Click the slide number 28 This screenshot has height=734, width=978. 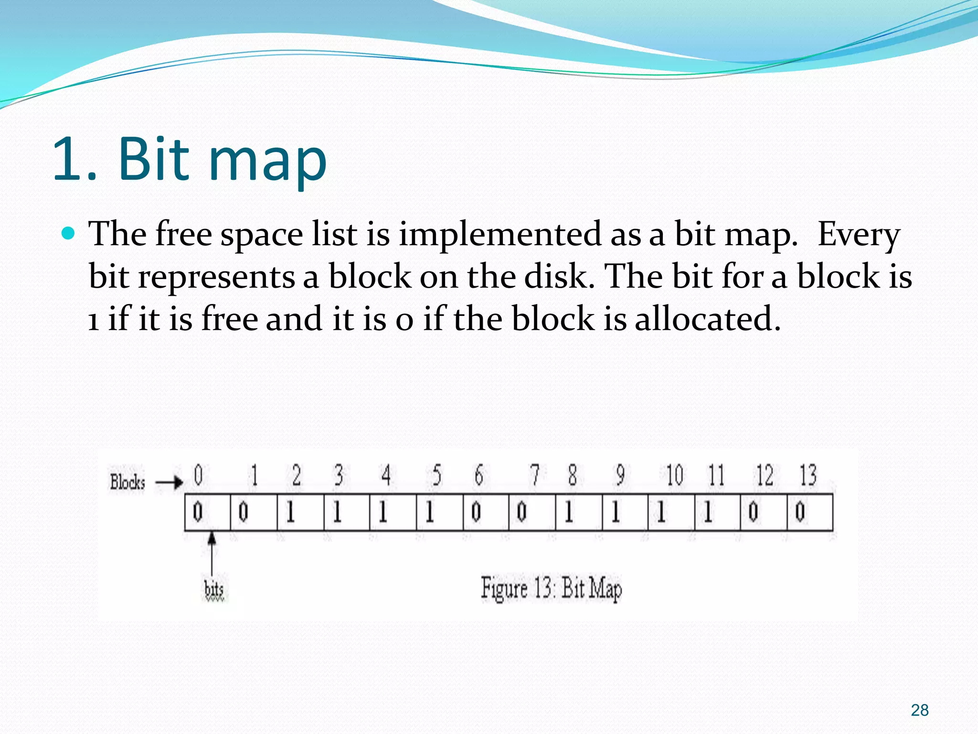pyautogui.click(x=919, y=710)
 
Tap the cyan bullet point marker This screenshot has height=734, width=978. pyautogui.click(x=69, y=233)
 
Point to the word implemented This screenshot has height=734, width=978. pyautogui.click(x=500, y=236)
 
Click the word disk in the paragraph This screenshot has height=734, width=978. pyautogui.click(x=558, y=277)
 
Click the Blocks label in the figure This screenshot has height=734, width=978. pyautogui.click(x=127, y=482)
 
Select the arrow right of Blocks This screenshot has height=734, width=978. pyautogui.click(x=170, y=482)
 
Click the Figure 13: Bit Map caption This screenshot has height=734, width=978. pyautogui.click(x=551, y=589)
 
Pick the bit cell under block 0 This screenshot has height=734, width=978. pyautogui.click(x=207, y=512)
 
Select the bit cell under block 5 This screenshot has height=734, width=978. pyautogui.click(x=439, y=512)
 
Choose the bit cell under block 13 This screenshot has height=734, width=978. pyautogui.click(x=810, y=512)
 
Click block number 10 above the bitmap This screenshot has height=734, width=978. pyautogui.click(x=674, y=476)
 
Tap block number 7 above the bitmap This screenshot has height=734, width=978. pyautogui.click(x=535, y=475)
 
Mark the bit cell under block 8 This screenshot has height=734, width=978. pyautogui.click(x=579, y=512)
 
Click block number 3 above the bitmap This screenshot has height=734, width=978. pyautogui.click(x=339, y=475)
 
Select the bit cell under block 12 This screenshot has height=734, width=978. pyautogui.click(x=763, y=512)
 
